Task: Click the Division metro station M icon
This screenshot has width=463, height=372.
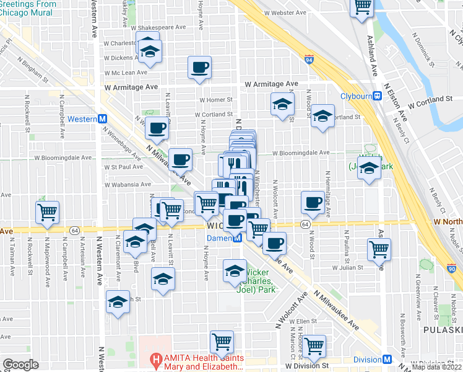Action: tap(387, 360)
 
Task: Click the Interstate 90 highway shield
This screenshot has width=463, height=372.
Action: tap(451, 269)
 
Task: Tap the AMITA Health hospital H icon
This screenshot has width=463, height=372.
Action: tap(157, 359)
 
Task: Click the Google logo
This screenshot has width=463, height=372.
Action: tap(20, 365)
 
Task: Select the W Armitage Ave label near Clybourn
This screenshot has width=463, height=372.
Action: tap(271, 84)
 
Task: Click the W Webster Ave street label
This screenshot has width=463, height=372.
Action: tap(285, 12)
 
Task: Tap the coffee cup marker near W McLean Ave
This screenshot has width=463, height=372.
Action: tap(199, 68)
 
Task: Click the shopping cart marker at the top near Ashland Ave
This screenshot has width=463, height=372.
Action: tap(361, 7)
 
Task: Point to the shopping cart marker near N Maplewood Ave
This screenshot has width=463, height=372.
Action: tap(47, 213)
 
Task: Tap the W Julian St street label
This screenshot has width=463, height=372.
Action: tap(351, 268)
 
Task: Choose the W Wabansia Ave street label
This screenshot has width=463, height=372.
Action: tap(128, 184)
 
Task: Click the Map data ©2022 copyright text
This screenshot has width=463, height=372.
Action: tap(437, 367)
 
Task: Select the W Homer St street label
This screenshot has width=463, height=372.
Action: tap(215, 99)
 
